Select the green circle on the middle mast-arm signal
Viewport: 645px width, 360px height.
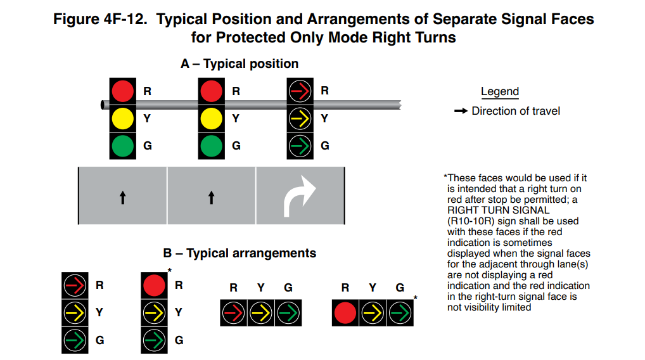coord(211,146)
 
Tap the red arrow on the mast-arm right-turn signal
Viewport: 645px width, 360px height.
coord(300,91)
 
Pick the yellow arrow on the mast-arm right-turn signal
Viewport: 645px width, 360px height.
coord(300,119)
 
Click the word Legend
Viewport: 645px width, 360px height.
coord(499,91)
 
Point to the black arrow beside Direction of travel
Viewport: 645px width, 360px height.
coord(461,112)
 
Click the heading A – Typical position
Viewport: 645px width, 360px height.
coord(239,64)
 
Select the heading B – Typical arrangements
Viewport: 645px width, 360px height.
coord(239,253)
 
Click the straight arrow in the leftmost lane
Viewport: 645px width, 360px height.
coord(122,198)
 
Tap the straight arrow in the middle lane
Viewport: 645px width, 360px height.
coord(211,198)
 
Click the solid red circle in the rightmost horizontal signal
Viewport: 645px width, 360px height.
coord(345,312)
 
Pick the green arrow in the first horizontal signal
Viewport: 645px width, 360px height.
coord(288,312)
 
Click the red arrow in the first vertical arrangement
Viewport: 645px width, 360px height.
coord(75,285)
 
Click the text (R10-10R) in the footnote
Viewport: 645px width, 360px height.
coord(472,221)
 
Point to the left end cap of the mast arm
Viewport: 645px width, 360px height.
coord(102,105)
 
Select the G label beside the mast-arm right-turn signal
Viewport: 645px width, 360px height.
coord(325,146)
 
